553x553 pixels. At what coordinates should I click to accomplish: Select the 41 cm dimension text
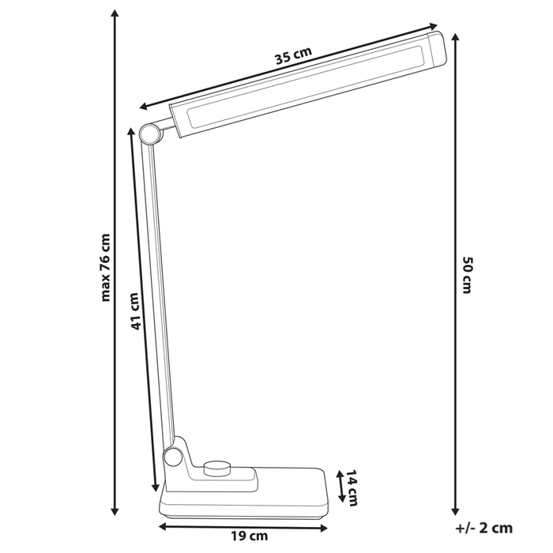[x=135, y=311]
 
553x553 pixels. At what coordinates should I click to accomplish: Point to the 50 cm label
[x=468, y=275]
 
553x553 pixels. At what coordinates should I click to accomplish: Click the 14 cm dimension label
[x=353, y=487]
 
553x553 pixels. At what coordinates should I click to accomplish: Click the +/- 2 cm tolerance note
[x=484, y=528]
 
